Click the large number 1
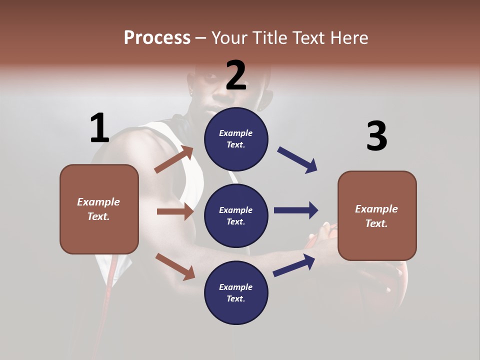99,128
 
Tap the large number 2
236,75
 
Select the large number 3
376,136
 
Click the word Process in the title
157,37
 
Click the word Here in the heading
348,37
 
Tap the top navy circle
236,138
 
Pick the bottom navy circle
236,292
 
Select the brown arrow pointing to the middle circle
175,211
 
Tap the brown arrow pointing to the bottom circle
175,266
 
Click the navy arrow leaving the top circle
297,160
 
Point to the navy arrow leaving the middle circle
296,210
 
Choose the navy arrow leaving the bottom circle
294,265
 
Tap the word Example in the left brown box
98,202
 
